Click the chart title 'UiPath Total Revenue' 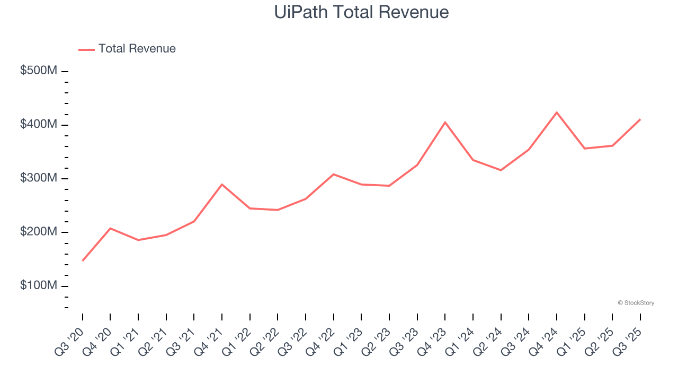coord(361,12)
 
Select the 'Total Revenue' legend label coord(137,49)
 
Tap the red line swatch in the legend coord(86,49)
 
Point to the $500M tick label coord(39,71)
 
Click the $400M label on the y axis coord(39,124)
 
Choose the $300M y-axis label coord(39,178)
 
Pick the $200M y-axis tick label coord(39,232)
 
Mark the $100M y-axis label coord(39,285)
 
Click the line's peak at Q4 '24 coord(557,112)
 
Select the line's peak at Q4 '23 coord(445,123)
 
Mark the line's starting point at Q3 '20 coord(83,261)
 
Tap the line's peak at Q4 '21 coord(222,184)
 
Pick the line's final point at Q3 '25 coord(640,119)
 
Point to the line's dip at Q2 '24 coord(501,170)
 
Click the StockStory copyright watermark coord(636,303)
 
